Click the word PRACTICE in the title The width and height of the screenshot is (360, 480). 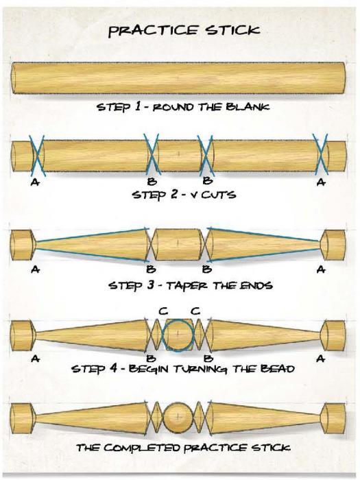(154, 31)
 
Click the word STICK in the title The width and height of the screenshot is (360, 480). (233, 30)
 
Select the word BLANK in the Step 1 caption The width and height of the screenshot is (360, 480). (248, 107)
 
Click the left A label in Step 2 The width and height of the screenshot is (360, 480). (35, 182)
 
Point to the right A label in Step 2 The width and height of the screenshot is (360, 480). (321, 182)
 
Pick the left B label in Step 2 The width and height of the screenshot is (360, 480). (152, 182)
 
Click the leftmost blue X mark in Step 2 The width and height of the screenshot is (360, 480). (37, 156)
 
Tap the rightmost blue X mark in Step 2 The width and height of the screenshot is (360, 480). (320, 156)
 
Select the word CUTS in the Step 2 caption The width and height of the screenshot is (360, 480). (219, 195)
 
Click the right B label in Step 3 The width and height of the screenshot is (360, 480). (208, 269)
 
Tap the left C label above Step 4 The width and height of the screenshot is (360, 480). (163, 311)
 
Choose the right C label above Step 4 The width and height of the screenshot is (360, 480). (195, 311)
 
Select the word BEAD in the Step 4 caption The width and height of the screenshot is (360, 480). (277, 368)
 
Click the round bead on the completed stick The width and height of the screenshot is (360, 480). (178, 417)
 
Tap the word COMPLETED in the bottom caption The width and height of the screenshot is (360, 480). (143, 448)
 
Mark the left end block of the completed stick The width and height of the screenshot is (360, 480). (21, 418)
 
